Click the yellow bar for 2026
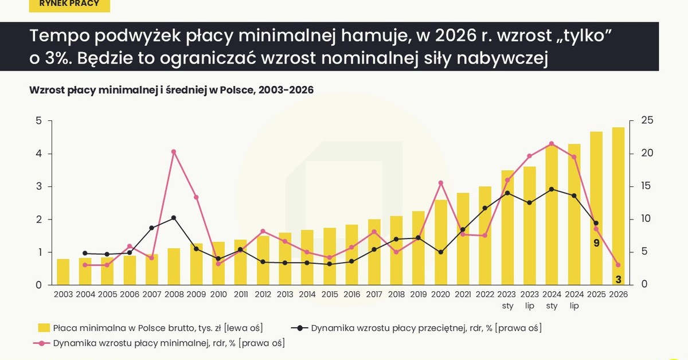[618, 206]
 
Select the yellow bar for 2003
[63, 272]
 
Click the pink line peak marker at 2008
[174, 152]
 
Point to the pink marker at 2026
[618, 265]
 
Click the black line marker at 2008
[174, 218]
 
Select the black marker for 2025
[596, 223]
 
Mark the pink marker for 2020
[440, 183]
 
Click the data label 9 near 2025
[596, 243]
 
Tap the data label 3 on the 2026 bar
[618, 280]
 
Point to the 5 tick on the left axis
[38, 121]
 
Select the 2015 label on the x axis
[329, 294]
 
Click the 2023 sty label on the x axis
[507, 300]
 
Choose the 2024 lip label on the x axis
[574, 300]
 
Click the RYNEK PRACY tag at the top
[69, 4]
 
